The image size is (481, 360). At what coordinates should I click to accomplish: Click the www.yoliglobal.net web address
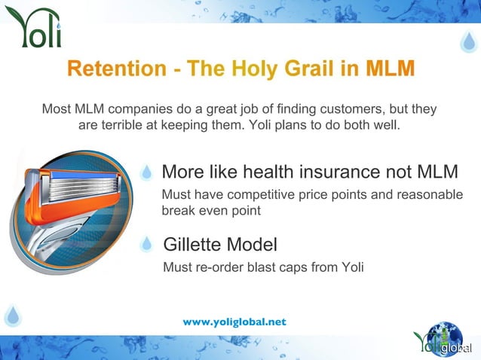[x=234, y=322]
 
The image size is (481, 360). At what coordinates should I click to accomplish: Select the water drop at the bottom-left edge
[x=11, y=315]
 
